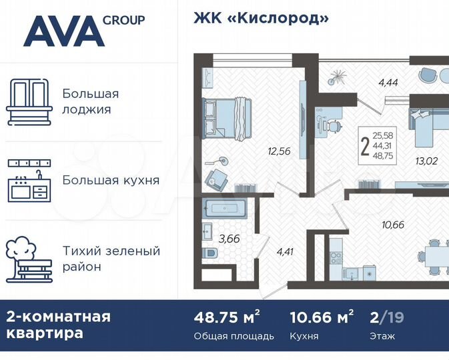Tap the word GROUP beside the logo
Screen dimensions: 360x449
click(x=123, y=20)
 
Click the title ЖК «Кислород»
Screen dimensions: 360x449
click(x=261, y=18)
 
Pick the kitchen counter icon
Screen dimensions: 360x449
click(x=28, y=180)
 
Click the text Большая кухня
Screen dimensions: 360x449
click(x=111, y=180)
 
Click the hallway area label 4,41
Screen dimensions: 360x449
click(x=285, y=251)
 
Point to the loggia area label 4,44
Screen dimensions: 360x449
click(x=389, y=83)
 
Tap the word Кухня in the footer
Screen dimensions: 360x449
click(x=305, y=336)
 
